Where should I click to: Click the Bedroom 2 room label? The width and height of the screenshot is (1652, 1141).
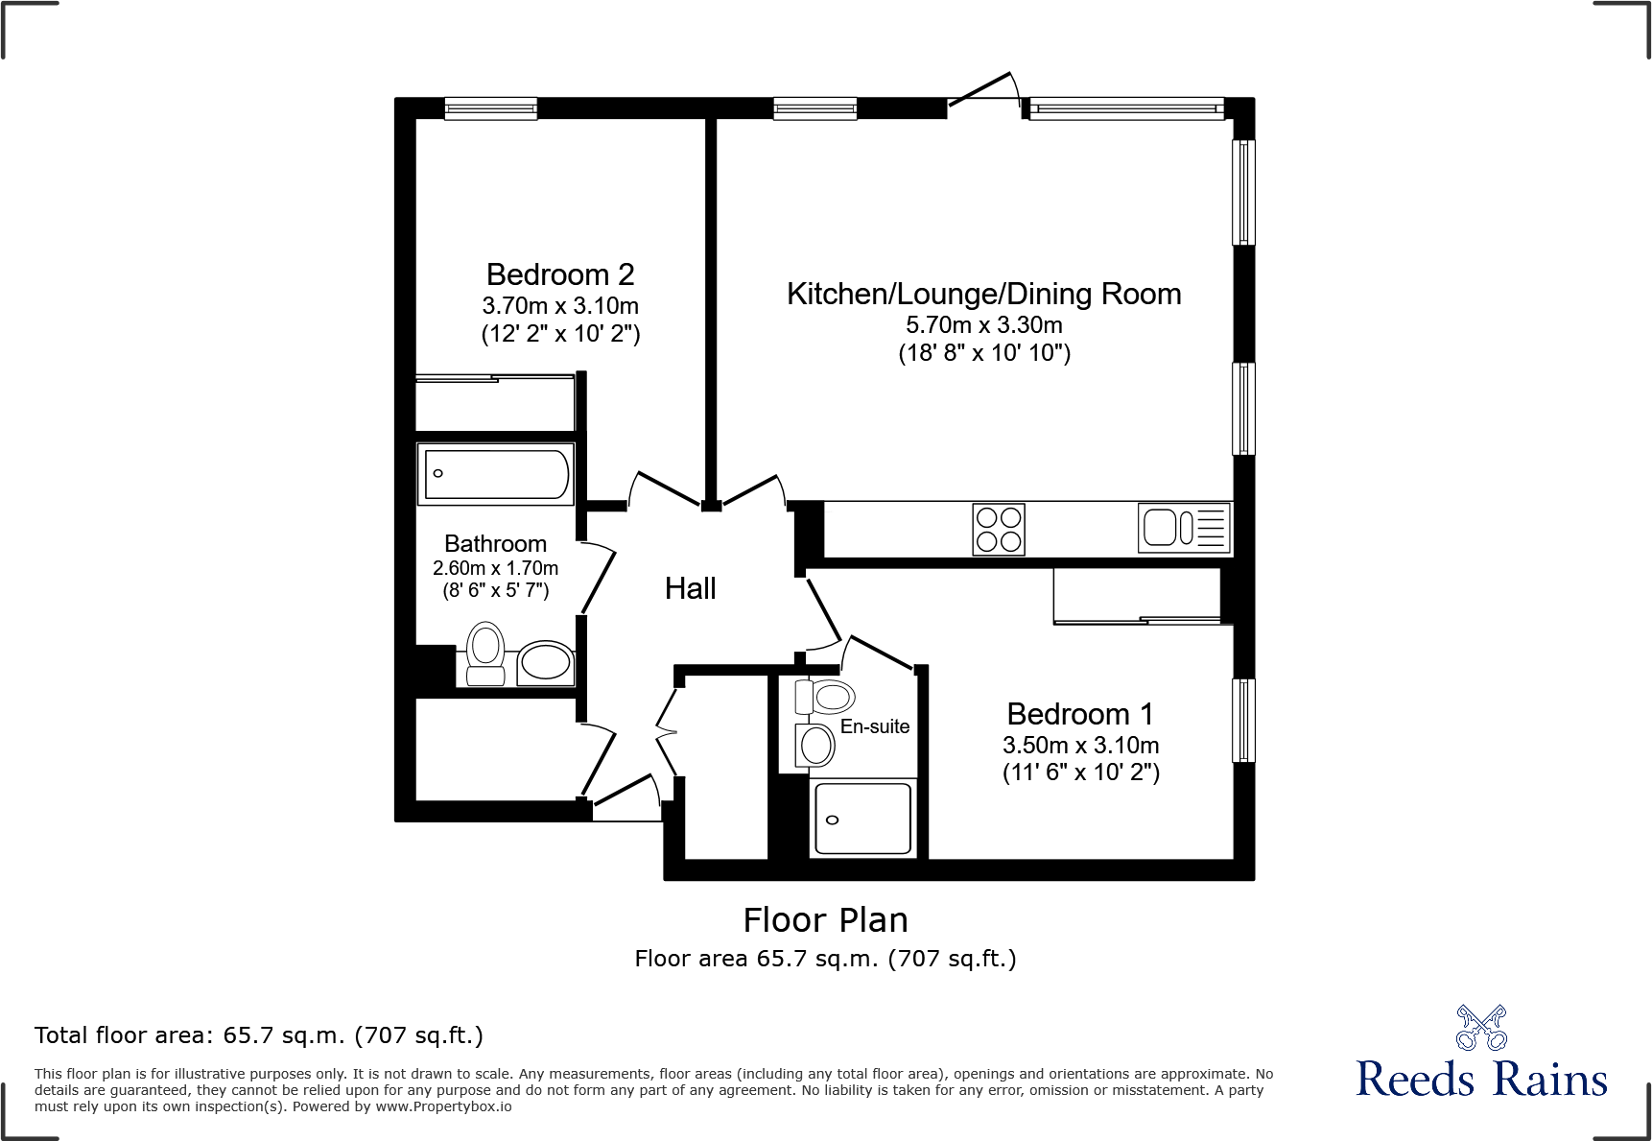(x=560, y=275)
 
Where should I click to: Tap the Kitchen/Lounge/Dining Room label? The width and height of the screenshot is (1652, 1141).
(x=983, y=294)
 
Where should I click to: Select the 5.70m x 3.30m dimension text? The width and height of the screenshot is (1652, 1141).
(x=983, y=325)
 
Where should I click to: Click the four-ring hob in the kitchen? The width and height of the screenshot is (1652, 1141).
(x=999, y=530)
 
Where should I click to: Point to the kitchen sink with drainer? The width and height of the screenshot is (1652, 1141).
(x=1184, y=528)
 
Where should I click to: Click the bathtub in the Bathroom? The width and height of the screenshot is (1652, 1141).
(x=496, y=474)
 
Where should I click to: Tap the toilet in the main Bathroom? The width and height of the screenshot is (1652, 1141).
(x=486, y=653)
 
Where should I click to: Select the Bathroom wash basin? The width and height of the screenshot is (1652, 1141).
(x=545, y=662)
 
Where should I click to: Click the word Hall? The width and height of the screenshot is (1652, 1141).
(x=690, y=589)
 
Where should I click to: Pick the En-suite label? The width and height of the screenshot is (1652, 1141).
(x=874, y=727)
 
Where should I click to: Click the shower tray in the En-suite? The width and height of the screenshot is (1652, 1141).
(x=862, y=819)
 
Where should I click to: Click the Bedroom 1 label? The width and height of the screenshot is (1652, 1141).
(x=1079, y=715)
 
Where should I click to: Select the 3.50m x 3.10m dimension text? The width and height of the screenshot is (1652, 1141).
(x=1080, y=746)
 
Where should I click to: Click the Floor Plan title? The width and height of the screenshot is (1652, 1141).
(x=825, y=920)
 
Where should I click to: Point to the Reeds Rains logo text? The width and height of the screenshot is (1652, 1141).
(x=1481, y=1080)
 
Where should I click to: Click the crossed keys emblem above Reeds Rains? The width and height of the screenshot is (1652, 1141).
(x=1481, y=1028)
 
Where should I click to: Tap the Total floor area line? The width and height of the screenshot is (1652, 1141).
(x=259, y=1035)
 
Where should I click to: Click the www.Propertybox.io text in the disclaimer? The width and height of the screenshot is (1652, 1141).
(x=443, y=1106)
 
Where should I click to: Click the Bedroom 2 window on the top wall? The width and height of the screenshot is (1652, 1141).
(x=490, y=108)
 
